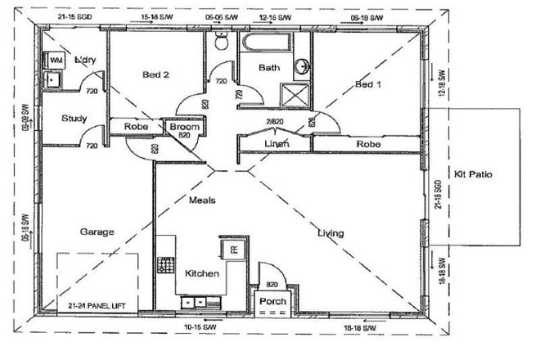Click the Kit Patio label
coord(474,175)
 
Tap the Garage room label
coord(97,232)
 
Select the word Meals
coord(202,200)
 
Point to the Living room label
coord(331,234)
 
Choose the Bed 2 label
coord(155,74)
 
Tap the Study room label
coord(74,119)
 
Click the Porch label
coord(272,301)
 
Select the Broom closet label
coord(184,127)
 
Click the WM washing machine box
coord(56,61)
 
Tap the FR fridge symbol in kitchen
coord(233,249)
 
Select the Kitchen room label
coord(201,273)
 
